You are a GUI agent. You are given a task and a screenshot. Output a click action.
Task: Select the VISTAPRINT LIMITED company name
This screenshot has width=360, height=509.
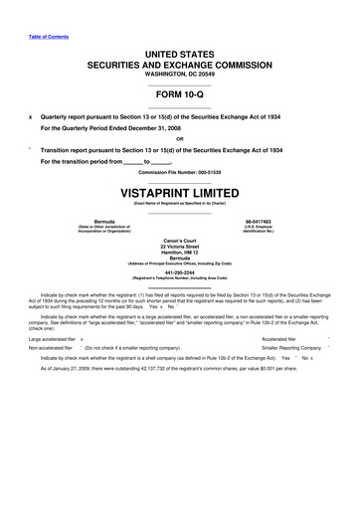coord(180,187)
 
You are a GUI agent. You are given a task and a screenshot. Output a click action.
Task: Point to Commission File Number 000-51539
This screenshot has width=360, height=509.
coord(180,171)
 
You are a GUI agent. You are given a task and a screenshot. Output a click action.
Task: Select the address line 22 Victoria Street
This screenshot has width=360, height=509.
coord(180,248)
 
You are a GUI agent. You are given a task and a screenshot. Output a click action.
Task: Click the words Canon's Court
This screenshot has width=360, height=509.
coord(180,241)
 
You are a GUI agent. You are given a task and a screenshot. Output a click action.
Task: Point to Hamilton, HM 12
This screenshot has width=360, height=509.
coord(180,254)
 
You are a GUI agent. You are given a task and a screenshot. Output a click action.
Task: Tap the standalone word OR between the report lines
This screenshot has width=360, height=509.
coord(180,138)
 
